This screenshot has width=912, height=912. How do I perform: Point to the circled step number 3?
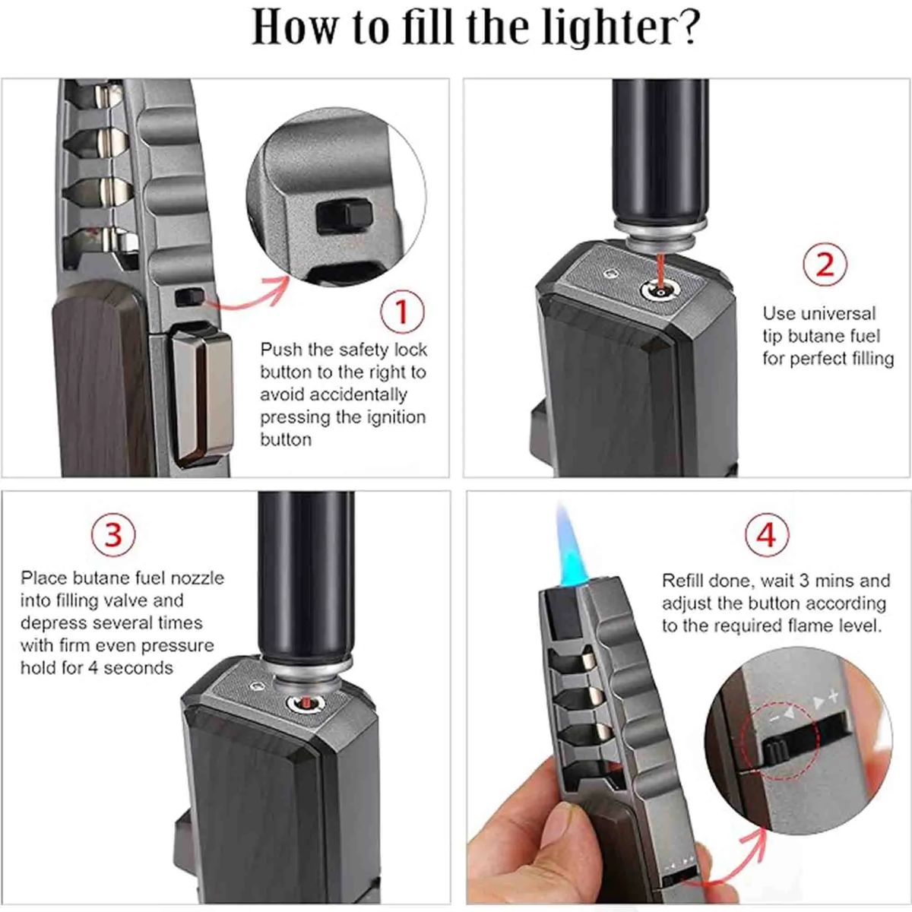tap(113, 534)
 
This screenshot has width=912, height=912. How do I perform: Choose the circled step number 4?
tap(766, 534)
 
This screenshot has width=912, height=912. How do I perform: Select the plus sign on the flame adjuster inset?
tap(834, 695)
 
